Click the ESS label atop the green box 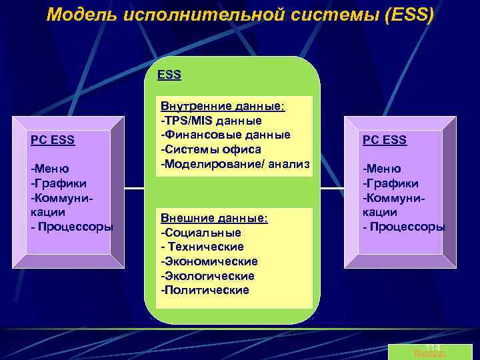[169, 75]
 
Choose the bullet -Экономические [209, 261]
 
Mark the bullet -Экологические [208, 275]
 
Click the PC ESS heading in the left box [53, 140]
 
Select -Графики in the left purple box [59, 183]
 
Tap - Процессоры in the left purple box [73, 226]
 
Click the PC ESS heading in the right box [385, 140]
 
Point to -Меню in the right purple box [382, 169]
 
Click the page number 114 [433, 349]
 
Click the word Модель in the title [80, 15]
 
